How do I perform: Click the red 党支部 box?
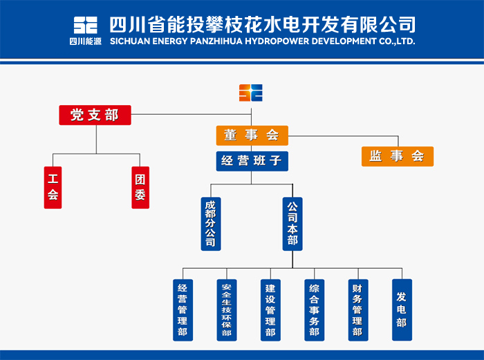(95, 115)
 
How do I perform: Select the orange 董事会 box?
(252, 135)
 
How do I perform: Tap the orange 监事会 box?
(398, 156)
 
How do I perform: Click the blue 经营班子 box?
(252, 161)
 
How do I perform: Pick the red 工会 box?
(53, 187)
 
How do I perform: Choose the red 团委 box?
(140, 187)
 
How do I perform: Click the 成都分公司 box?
(211, 224)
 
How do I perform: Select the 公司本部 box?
(292, 224)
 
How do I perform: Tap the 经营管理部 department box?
(183, 310)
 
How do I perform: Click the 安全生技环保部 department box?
(227, 310)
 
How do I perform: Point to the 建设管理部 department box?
(270, 310)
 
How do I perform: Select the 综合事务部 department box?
(314, 310)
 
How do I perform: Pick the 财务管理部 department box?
(358, 310)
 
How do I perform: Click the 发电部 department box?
(402, 310)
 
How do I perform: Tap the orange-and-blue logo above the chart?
(251, 93)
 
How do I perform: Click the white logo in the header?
(86, 26)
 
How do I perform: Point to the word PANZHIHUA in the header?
(216, 41)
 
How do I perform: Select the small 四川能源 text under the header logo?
(86, 41)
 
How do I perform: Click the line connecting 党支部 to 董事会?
(191, 115)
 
